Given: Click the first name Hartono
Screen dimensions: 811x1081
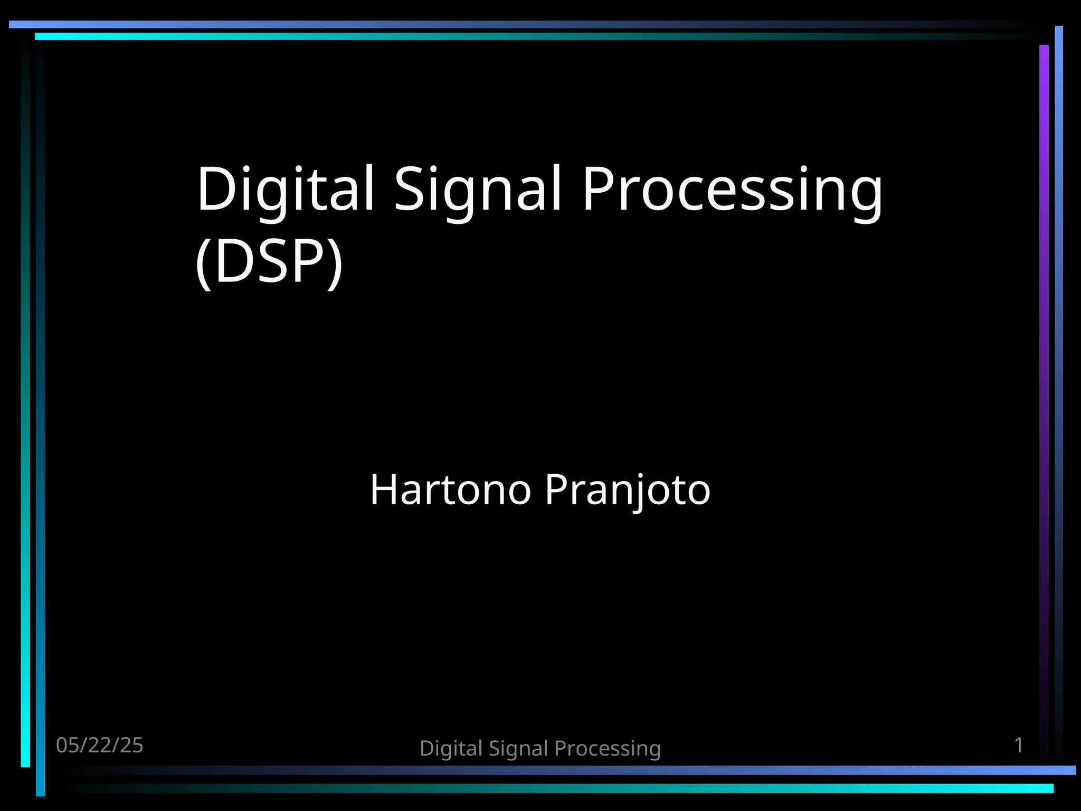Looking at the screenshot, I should [x=450, y=489].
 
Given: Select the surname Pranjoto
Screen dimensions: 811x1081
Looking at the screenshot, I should [x=628, y=491].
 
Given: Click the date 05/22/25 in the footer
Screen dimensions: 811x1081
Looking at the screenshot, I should [x=100, y=745].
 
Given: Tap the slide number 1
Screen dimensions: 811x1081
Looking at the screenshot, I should [x=1019, y=745].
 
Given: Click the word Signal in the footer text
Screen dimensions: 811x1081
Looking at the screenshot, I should [x=518, y=749].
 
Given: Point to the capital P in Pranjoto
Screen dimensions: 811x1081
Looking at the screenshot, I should [x=557, y=489].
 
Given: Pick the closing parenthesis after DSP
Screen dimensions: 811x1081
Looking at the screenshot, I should [x=335, y=262].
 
